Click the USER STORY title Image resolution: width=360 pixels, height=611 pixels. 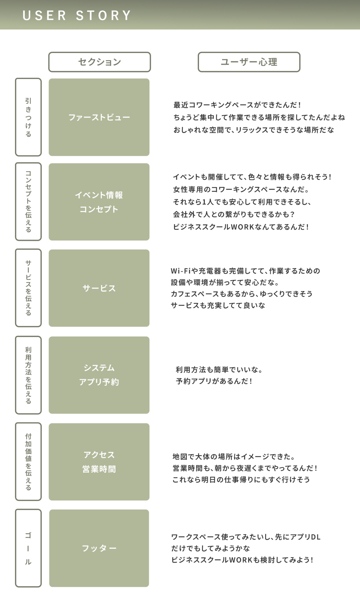point(77,16)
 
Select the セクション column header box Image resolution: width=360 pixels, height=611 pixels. point(100,62)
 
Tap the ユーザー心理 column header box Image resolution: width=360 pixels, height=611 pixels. point(249,62)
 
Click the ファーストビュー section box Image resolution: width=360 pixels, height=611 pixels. point(99,117)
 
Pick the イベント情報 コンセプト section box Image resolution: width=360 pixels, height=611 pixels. point(99,202)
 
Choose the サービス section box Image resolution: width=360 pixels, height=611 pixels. point(99,288)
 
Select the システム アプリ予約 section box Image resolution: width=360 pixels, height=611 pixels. point(99,375)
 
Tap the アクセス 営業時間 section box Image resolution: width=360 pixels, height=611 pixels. point(99,462)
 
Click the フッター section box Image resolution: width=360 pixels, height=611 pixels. point(99,548)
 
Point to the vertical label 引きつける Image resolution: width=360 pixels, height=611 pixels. point(28,117)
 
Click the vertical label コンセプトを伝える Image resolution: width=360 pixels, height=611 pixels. point(28,202)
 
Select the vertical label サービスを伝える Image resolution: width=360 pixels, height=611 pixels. point(28,288)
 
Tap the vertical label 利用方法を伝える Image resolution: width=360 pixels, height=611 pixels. point(28,375)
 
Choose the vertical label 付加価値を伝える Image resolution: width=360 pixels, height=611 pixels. point(28,462)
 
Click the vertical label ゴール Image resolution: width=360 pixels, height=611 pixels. point(28,548)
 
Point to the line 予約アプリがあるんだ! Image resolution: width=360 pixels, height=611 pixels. point(214,381)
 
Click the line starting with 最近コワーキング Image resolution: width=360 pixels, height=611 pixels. point(237,105)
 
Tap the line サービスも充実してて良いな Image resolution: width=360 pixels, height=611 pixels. point(218,306)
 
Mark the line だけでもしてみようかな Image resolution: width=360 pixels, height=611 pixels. point(211,548)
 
